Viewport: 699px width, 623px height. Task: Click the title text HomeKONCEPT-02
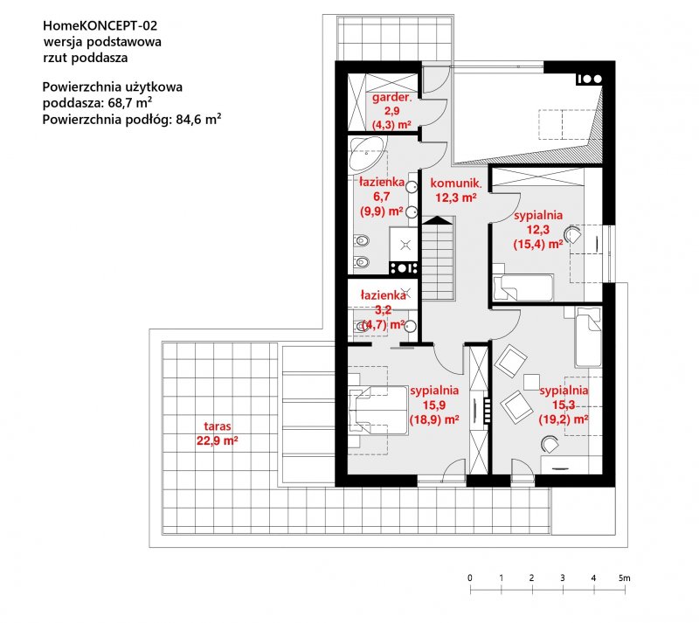[100, 26]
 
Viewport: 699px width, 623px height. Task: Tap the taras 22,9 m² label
[217, 433]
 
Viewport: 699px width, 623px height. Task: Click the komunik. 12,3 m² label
[455, 190]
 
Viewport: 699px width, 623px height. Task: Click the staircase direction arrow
[438, 220]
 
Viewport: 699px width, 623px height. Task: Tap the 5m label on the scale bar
[625, 578]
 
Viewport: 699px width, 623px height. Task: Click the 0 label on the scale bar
[470, 578]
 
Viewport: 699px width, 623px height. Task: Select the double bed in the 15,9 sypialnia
[378, 411]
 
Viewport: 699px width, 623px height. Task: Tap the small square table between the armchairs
[531, 382]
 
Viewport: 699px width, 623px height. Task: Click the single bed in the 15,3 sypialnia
[588, 337]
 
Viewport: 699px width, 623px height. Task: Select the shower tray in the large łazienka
[404, 245]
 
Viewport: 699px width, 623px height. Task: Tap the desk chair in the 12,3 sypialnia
[572, 235]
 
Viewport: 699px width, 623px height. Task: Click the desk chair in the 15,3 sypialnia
[550, 445]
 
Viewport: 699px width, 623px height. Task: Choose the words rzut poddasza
[85, 58]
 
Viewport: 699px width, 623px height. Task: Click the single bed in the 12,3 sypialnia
[523, 287]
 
